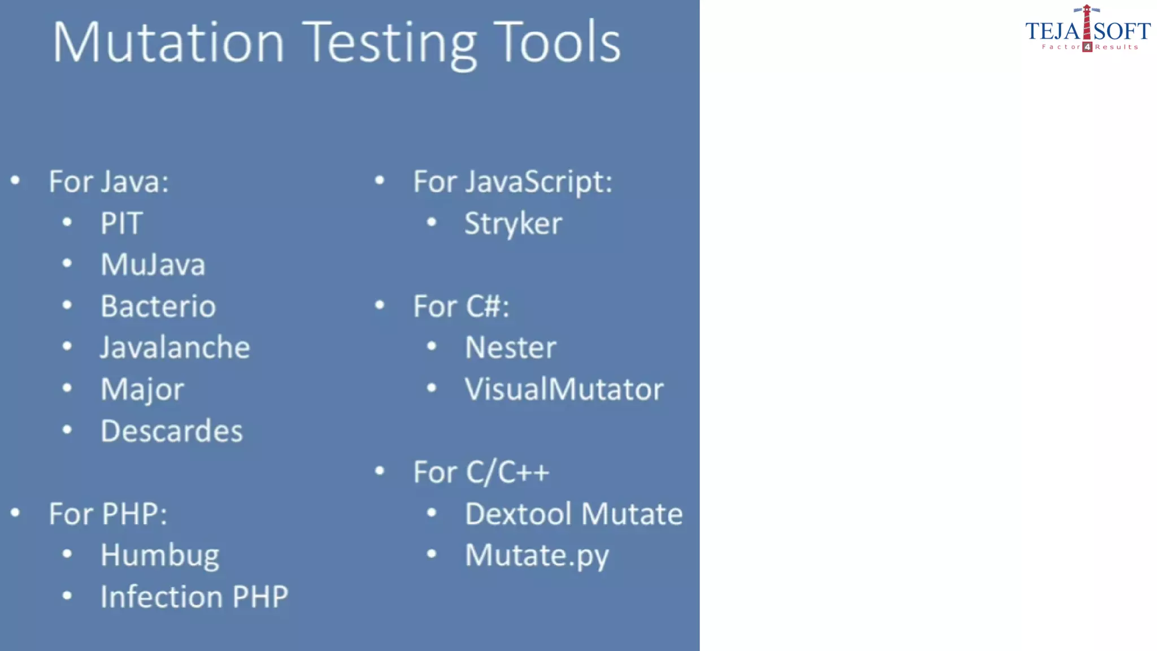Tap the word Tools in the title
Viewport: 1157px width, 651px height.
tap(557, 42)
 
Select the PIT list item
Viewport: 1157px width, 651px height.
tap(121, 223)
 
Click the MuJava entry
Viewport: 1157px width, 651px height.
tap(153, 264)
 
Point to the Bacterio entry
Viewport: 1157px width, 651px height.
tap(158, 306)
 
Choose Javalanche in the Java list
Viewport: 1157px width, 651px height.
tap(175, 348)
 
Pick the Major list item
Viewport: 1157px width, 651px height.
tap(142, 389)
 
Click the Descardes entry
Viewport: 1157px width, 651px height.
tap(172, 431)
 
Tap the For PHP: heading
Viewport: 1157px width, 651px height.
tap(108, 514)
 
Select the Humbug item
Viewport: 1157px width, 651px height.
tap(160, 555)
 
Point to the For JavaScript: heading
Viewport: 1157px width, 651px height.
tap(512, 182)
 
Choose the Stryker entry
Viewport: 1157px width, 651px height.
tap(513, 224)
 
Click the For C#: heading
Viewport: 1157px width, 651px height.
tap(461, 306)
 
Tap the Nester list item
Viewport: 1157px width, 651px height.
tap(510, 348)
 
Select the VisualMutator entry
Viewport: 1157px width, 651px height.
tap(564, 389)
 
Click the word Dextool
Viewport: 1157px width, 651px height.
tap(518, 514)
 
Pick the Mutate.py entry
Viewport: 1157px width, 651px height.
tap(537, 555)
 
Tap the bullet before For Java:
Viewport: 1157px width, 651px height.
tap(15, 181)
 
